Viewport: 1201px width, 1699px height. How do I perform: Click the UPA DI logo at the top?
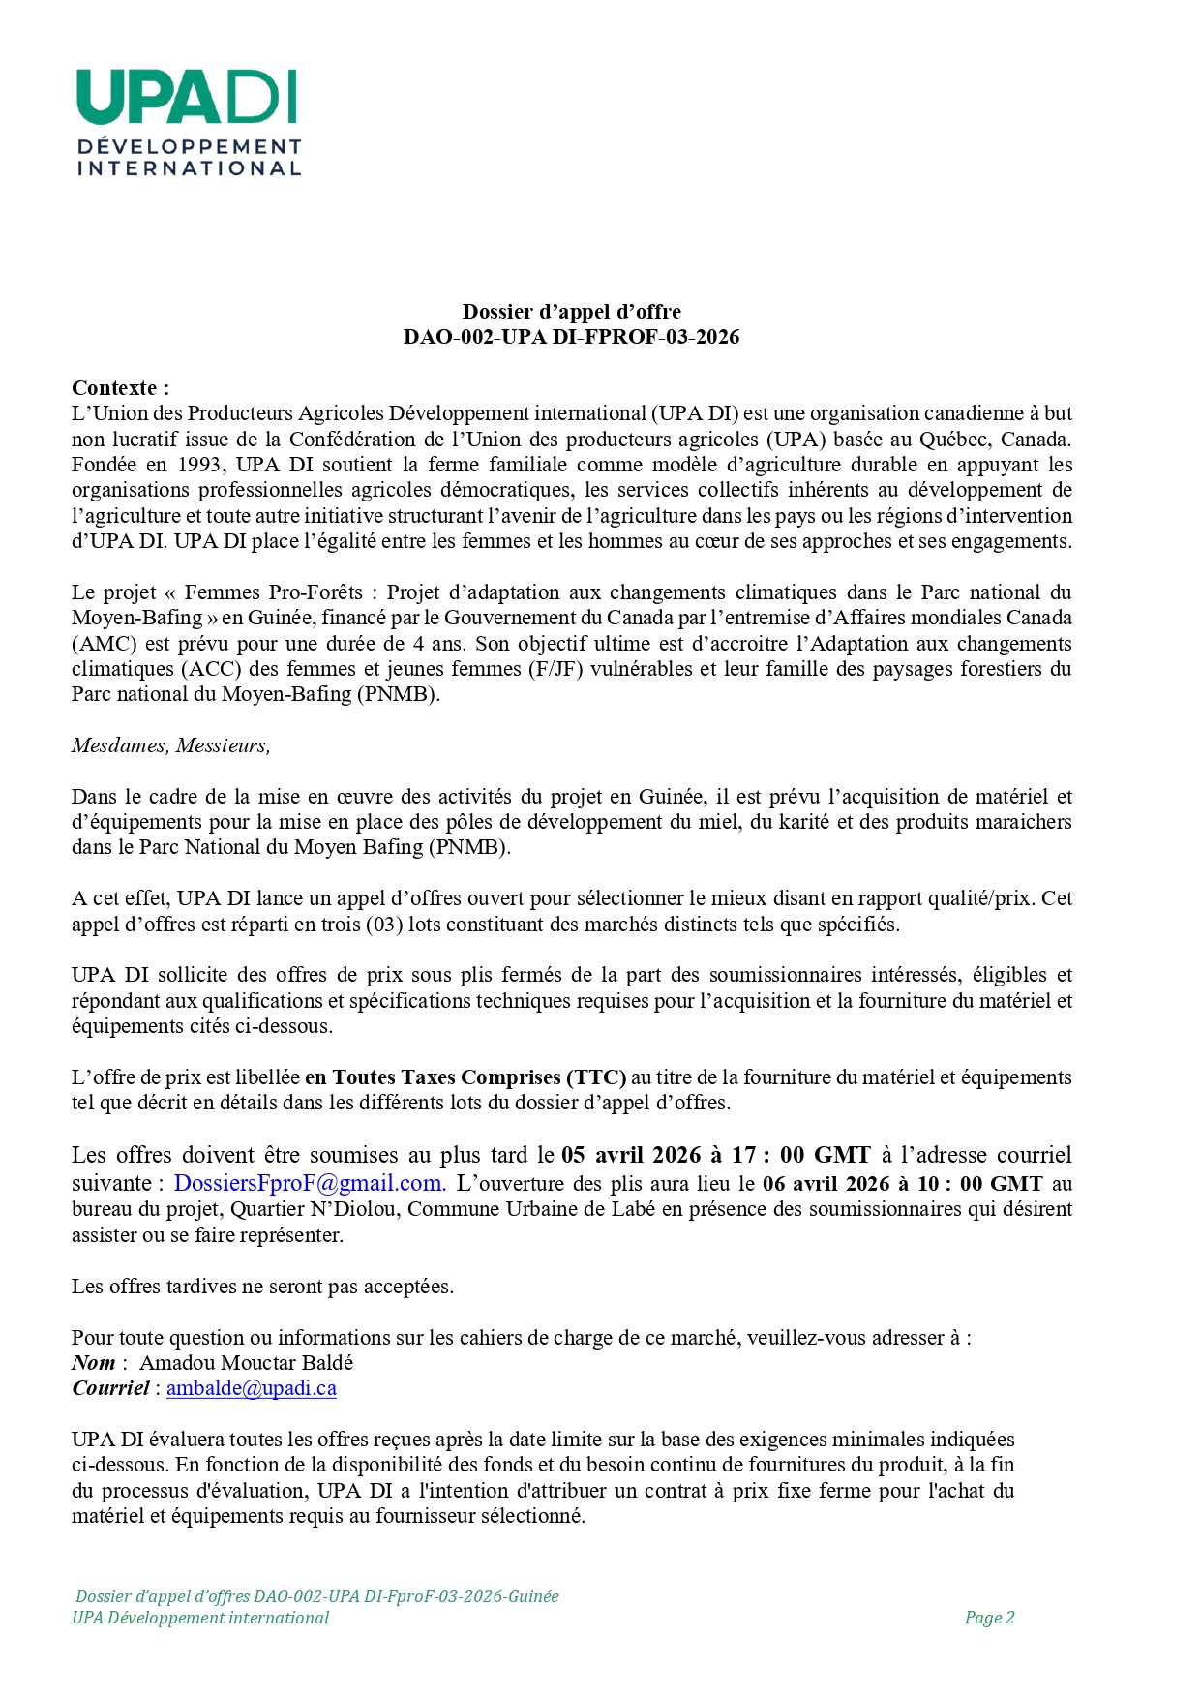tap(188, 122)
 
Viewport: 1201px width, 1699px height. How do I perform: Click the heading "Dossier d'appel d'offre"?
tap(571, 312)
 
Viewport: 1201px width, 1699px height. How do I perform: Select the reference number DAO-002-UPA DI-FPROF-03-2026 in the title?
tap(571, 337)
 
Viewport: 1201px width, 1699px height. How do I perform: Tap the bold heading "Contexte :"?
tap(120, 388)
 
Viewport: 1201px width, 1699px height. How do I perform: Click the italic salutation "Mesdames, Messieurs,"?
tap(170, 745)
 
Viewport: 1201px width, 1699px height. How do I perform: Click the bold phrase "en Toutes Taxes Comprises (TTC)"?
tap(465, 1077)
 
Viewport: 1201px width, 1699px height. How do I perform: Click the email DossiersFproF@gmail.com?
tap(310, 1183)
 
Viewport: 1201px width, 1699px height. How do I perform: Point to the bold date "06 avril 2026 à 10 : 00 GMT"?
tap(902, 1183)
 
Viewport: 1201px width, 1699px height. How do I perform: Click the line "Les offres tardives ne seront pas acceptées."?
tap(262, 1287)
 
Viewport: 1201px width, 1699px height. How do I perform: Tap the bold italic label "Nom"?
tap(94, 1363)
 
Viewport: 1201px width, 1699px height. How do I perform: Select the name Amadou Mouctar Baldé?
tap(247, 1363)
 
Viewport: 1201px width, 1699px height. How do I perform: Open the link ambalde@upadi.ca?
tap(252, 1388)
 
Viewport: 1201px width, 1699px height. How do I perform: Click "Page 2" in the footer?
tap(989, 1618)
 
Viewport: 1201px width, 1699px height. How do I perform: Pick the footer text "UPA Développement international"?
tap(200, 1618)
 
